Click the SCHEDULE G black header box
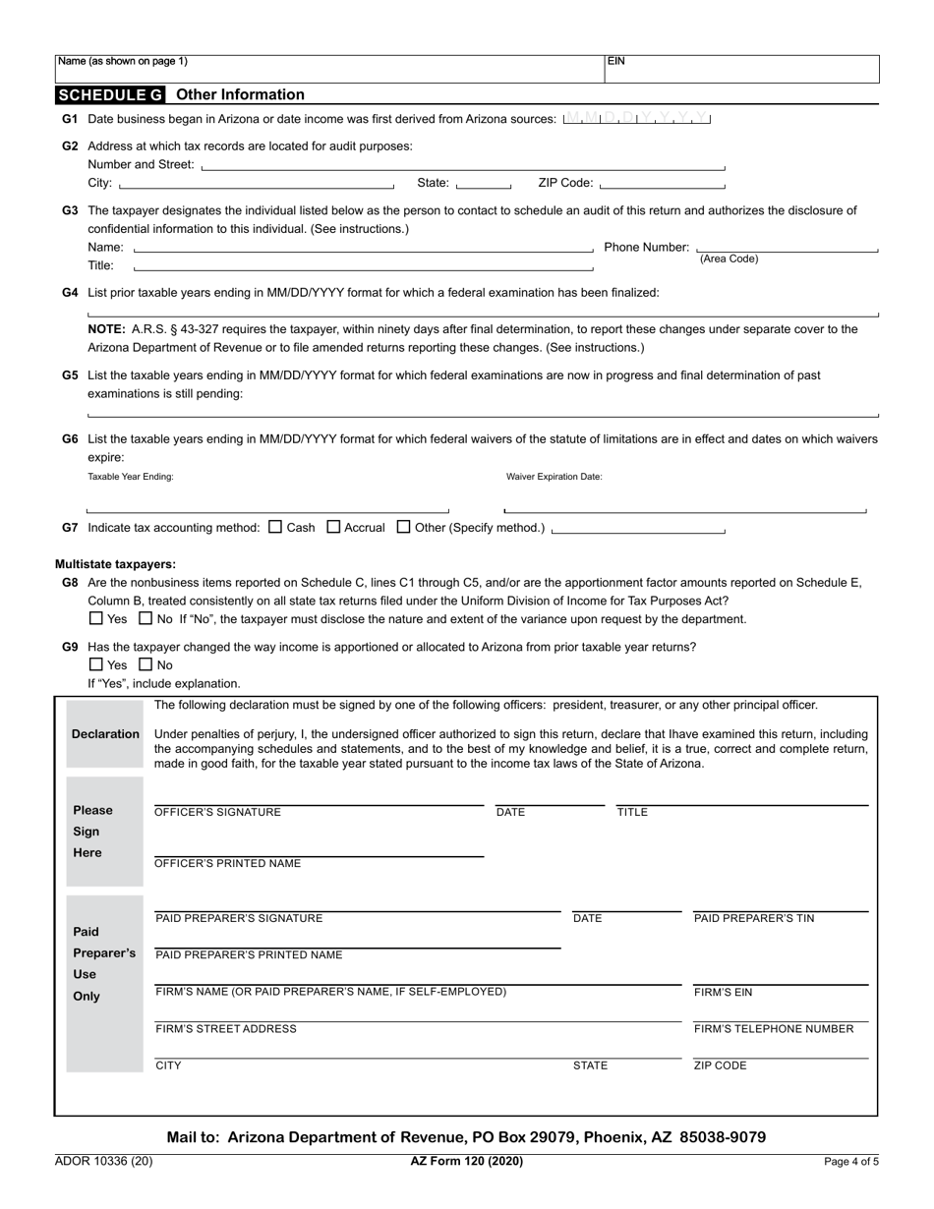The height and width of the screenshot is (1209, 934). pyautogui.click(x=110, y=95)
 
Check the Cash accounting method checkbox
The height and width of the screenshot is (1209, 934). pyautogui.click(x=275, y=527)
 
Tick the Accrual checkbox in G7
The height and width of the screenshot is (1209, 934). pyautogui.click(x=333, y=527)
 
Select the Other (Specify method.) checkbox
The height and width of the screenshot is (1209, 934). pyautogui.click(x=403, y=527)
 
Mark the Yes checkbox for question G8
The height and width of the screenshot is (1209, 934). pyautogui.click(x=95, y=619)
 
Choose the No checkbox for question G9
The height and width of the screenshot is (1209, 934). pyautogui.click(x=146, y=665)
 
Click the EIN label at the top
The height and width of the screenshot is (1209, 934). pyautogui.click(x=616, y=61)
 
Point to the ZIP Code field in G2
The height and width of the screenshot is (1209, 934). pyautogui.click(x=662, y=183)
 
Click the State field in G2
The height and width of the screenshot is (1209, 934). pyautogui.click(x=484, y=183)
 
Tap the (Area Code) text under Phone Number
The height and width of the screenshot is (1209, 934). pyautogui.click(x=729, y=259)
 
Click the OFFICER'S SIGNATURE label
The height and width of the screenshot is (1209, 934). pyautogui.click(x=218, y=813)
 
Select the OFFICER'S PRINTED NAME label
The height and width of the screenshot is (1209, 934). pyautogui.click(x=228, y=864)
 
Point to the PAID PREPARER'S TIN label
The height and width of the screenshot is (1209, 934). pyautogui.click(x=754, y=919)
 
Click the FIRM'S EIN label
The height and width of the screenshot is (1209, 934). pyautogui.click(x=724, y=993)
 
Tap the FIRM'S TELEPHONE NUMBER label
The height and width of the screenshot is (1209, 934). pyautogui.click(x=774, y=1029)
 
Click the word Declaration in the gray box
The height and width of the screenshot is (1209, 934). pyautogui.click(x=105, y=734)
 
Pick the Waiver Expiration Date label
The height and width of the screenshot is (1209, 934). pyautogui.click(x=555, y=477)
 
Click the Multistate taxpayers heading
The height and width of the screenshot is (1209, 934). pyautogui.click(x=115, y=564)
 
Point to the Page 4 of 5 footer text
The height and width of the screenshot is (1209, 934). pyautogui.click(x=851, y=1162)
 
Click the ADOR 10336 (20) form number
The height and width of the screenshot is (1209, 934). pyautogui.click(x=103, y=1162)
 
